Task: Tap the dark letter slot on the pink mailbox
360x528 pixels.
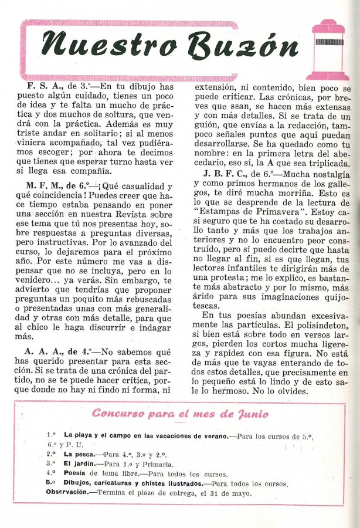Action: pos(328,42)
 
